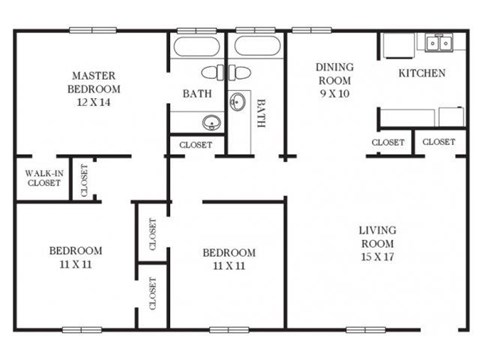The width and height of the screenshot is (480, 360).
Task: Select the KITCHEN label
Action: tap(422, 74)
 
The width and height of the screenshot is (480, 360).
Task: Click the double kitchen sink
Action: tap(436, 43)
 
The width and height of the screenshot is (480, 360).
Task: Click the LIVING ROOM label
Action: tap(377, 237)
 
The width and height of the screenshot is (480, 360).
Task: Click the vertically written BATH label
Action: tap(262, 112)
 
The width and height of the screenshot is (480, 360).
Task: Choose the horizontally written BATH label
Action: tap(196, 94)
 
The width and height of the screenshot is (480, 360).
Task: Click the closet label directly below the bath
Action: tap(196, 145)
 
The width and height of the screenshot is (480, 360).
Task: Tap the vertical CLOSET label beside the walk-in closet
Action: tap(84, 179)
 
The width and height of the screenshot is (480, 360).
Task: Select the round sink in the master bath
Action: tap(210, 123)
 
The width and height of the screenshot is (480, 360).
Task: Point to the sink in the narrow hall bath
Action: tap(240, 102)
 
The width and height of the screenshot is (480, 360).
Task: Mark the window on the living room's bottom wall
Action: tap(365, 329)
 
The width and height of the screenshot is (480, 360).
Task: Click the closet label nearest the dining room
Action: tap(388, 142)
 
